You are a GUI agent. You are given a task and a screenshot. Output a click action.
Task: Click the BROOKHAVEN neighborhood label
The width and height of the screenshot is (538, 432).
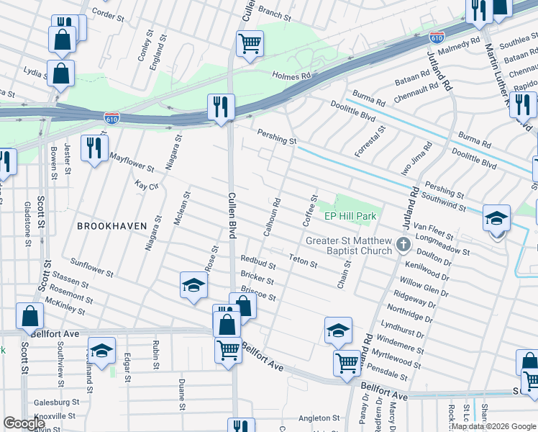(111, 225)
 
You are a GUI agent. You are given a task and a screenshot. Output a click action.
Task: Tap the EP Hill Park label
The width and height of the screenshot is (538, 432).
(350, 216)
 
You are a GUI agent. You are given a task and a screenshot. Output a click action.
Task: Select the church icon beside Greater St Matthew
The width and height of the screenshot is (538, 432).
(403, 246)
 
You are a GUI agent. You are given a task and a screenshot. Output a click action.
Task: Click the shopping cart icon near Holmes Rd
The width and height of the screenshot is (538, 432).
(250, 43)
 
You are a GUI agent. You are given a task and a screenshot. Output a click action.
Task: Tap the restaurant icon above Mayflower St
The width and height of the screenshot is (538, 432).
(94, 148)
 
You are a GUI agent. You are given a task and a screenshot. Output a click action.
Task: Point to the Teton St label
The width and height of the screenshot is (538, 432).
(303, 260)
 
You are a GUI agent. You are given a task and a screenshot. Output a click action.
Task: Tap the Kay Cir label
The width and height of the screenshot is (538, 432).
(145, 185)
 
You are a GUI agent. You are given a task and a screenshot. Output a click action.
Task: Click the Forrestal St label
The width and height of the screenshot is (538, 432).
(371, 141)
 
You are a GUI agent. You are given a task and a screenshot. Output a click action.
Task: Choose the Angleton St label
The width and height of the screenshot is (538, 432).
(319, 418)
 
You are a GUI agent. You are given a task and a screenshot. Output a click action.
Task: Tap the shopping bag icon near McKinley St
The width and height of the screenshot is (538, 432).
(29, 317)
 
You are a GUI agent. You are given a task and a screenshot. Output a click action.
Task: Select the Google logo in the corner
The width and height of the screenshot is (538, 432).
(24, 423)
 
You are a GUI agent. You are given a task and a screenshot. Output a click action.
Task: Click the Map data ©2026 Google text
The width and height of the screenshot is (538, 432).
(493, 426)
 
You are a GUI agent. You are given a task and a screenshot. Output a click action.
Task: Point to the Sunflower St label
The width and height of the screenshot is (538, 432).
(92, 269)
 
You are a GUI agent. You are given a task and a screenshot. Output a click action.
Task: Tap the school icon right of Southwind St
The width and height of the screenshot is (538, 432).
(497, 217)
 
